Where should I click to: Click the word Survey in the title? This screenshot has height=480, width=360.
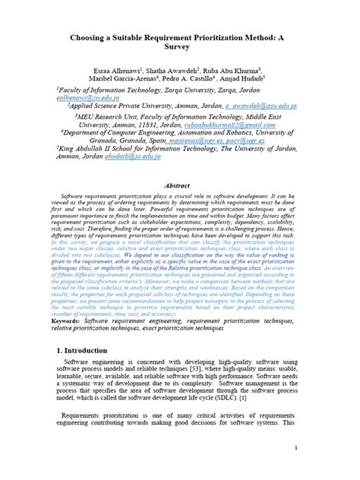[x=180, y=45]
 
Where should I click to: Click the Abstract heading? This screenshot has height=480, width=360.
[x=179, y=185]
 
